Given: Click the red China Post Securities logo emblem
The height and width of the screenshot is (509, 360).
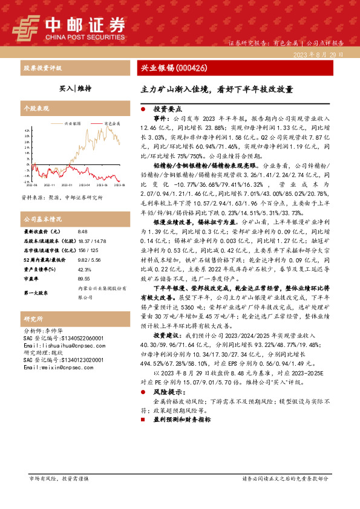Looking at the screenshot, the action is [26, 25].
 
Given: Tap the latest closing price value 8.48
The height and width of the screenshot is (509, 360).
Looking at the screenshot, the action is [83, 231].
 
